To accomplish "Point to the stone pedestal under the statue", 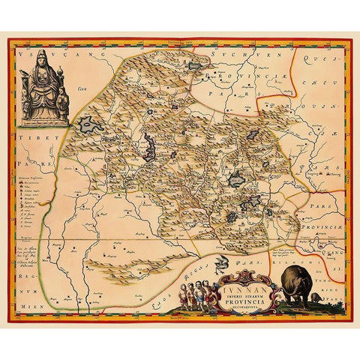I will (x=43, y=112).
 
